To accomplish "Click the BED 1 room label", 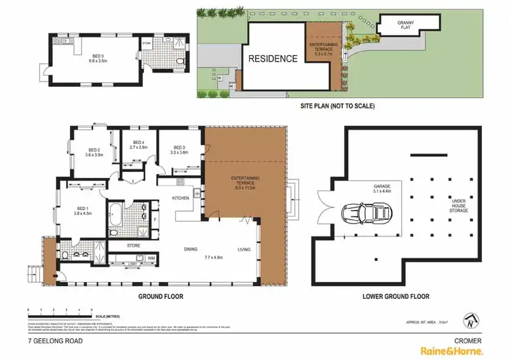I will pyautogui.click(x=82, y=209).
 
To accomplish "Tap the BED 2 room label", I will pyautogui.click(x=94, y=151).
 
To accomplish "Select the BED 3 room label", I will pyautogui.click(x=179, y=148).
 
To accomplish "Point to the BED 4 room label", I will pyautogui.click(x=138, y=143).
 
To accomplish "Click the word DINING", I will pyautogui.click(x=190, y=249).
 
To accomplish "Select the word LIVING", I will pyautogui.click(x=244, y=249).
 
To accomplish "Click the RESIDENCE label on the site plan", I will pyautogui.click(x=272, y=58).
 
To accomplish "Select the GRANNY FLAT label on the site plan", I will pyautogui.click(x=405, y=24).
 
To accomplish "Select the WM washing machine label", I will pyautogui.click(x=151, y=258).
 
